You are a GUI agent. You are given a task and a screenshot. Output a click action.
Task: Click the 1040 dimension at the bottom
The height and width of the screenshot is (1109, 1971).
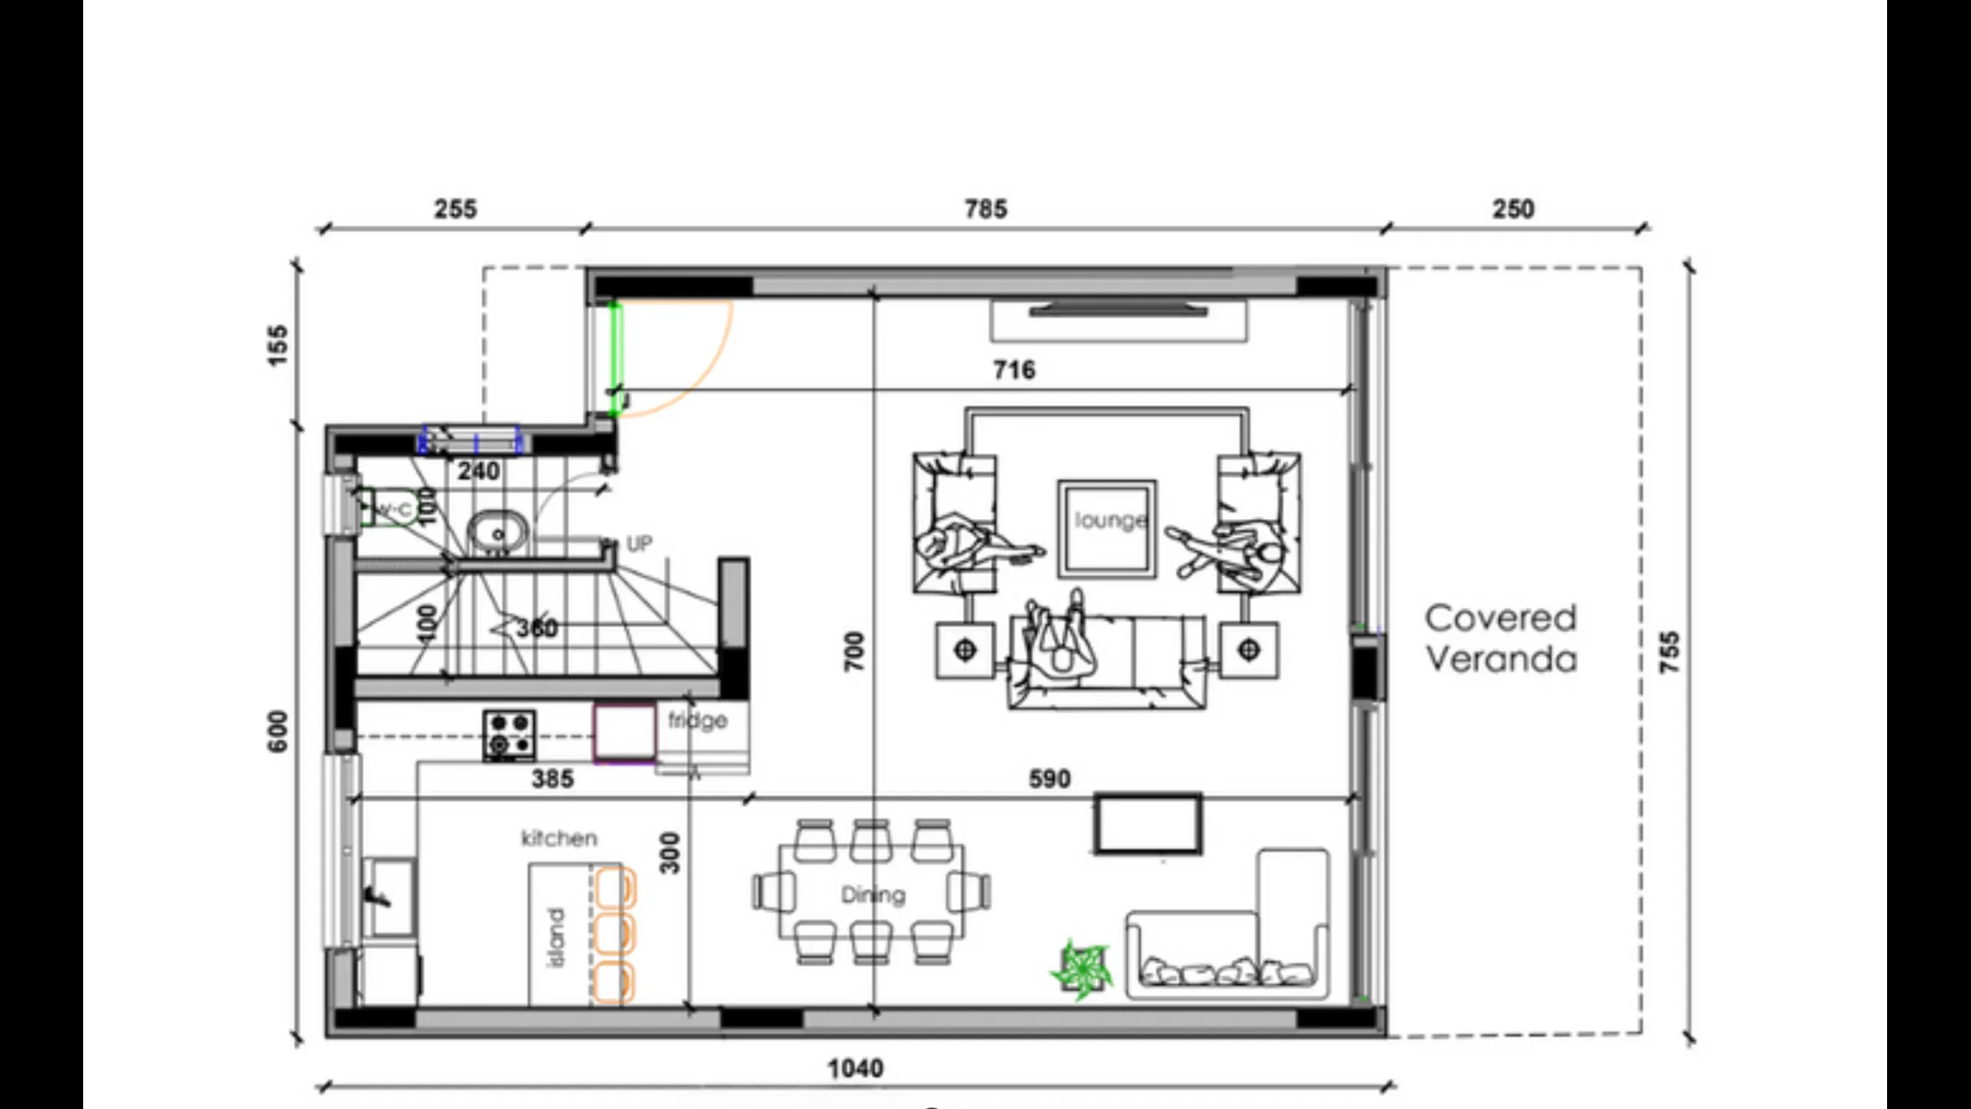click(x=855, y=1068)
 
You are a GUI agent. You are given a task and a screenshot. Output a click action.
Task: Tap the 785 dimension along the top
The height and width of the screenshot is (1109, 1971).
click(x=985, y=209)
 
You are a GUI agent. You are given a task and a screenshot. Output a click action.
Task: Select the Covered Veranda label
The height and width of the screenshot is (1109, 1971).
click(x=1501, y=638)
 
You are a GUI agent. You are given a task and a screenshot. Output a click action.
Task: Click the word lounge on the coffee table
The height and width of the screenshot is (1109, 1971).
click(x=1109, y=521)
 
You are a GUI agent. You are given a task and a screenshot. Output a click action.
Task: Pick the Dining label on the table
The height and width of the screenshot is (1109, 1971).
click(x=872, y=895)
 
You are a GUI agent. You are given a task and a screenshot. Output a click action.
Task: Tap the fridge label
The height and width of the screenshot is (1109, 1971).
click(x=698, y=721)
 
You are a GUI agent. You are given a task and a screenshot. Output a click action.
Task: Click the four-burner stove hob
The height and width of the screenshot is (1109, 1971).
click(x=510, y=735)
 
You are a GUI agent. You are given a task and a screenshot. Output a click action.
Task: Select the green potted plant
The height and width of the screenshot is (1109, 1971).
click(x=1082, y=970)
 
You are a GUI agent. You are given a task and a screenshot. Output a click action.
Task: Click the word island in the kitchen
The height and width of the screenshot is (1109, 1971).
click(x=556, y=936)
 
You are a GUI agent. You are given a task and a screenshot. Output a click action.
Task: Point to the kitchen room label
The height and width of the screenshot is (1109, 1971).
click(x=559, y=838)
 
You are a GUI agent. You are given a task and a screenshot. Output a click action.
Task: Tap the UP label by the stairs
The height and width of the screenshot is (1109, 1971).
click(x=639, y=544)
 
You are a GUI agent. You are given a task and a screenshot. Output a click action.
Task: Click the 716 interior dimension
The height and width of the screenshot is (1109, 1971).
click(x=1014, y=370)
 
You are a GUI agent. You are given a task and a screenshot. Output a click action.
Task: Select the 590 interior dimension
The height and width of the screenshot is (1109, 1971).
click(x=1049, y=779)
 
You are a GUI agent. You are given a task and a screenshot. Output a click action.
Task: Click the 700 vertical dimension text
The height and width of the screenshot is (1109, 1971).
click(x=855, y=652)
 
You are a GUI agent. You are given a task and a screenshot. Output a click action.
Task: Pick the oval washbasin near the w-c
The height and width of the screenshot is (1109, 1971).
click(x=498, y=532)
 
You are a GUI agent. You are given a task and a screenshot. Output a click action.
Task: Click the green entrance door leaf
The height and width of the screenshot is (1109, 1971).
click(x=615, y=359)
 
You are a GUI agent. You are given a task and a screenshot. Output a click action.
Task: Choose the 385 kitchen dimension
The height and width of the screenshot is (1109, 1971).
click(x=553, y=779)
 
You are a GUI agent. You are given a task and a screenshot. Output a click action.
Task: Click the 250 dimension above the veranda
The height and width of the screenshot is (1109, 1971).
click(x=1513, y=209)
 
